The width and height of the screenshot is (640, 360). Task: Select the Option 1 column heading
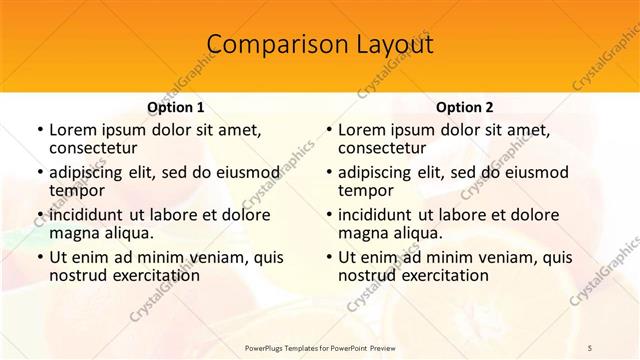point(176,107)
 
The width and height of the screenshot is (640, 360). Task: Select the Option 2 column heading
point(465,107)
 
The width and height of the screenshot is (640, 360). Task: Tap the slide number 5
point(590,346)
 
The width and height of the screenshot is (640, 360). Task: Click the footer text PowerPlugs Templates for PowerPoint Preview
point(320,346)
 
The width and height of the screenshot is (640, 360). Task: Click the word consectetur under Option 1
point(96,148)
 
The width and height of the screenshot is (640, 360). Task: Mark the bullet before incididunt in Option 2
point(328,215)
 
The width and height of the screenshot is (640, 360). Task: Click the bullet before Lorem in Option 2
point(328,130)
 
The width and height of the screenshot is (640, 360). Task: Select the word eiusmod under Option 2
point(534,172)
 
